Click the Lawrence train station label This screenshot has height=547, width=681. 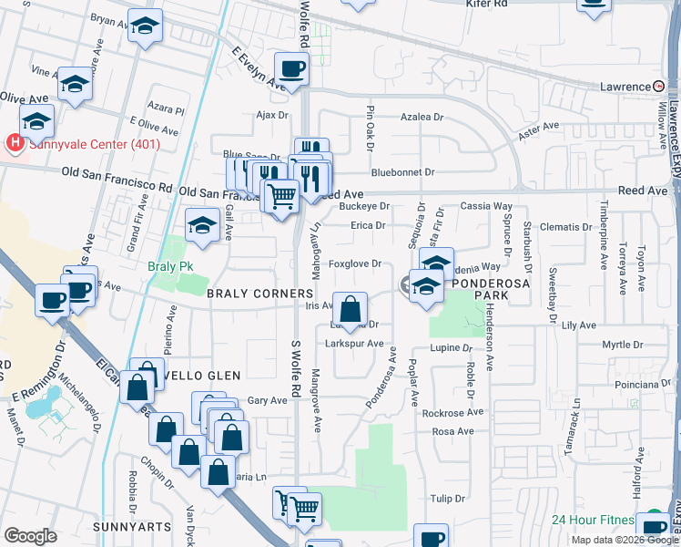pos(624,87)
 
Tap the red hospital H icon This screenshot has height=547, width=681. pos(14,143)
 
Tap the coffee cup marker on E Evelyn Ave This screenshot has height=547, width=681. pos(291,69)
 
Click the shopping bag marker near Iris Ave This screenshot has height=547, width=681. pos(350,308)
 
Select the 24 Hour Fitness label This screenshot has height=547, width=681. pos(592,521)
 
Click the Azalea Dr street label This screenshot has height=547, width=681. pos(422,118)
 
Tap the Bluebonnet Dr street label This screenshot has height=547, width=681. pos(403,171)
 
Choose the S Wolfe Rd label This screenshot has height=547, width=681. pos(297,370)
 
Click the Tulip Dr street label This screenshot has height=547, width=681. pos(448,499)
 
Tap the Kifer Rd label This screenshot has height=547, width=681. pos(486,5)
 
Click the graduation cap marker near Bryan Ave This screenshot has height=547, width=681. pos(145,27)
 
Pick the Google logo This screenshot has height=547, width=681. pos(30,535)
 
